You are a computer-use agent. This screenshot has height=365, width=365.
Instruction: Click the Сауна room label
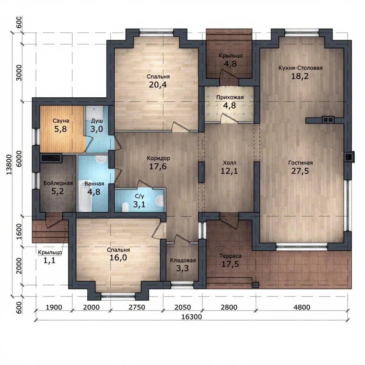pos(61,121)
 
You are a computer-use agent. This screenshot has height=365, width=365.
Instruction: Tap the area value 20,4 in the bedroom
pos(158,85)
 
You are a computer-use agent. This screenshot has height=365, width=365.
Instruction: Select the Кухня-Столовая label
pos(301,68)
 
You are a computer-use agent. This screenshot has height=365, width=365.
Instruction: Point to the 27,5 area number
pos(300,171)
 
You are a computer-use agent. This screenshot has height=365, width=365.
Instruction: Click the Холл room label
pos(229,163)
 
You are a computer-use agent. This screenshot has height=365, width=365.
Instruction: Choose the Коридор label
pos(158,158)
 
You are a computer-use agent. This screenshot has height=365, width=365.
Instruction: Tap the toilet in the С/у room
pos(125,207)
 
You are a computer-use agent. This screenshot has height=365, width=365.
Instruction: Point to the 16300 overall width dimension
pos(192,317)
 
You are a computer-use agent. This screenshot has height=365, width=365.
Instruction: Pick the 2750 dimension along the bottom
pos(137,308)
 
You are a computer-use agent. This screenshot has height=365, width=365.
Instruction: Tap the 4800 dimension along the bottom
pos(302,308)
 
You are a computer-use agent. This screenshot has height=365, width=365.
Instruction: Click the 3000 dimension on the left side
pos(19,73)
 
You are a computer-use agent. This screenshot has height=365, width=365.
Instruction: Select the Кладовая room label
pos(183,260)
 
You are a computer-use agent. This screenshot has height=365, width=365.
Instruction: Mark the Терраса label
pos(230,256)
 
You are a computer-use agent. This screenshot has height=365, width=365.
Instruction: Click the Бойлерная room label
pos(58,183)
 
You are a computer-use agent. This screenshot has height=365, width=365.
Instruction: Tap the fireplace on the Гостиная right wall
pos(349,157)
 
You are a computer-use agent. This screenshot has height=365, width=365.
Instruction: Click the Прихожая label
pos(230,98)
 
